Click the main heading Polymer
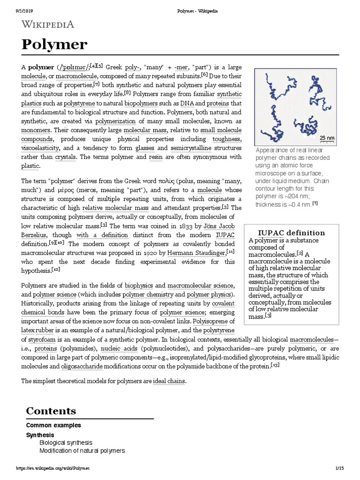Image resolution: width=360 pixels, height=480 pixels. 54,45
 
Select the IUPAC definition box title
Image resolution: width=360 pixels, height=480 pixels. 292,233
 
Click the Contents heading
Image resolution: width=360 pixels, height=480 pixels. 51,411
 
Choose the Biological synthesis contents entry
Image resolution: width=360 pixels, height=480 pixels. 66,442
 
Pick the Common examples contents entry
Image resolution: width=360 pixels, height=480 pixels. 53,425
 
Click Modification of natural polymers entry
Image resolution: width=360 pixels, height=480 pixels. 82,450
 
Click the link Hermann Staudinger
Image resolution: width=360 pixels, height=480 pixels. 196,253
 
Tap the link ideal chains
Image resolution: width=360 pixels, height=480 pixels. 169,382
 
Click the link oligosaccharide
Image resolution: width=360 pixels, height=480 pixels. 83,366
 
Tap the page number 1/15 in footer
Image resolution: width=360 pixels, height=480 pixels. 340,468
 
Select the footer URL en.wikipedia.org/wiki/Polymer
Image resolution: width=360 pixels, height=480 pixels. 52,468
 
